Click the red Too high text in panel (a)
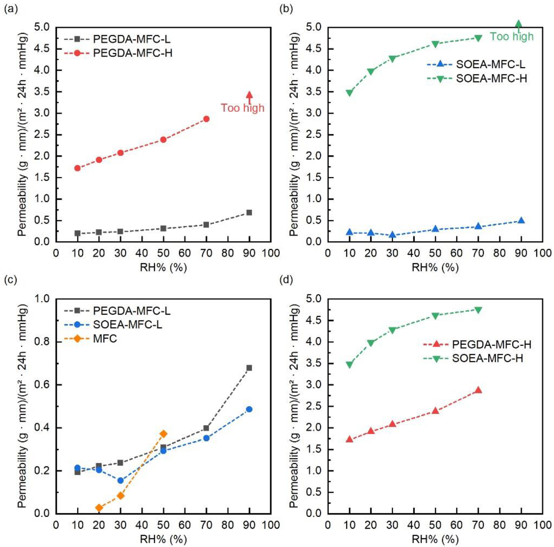point(242,108)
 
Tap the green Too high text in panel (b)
point(511,37)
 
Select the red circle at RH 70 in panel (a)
point(206,119)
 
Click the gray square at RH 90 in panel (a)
point(249,212)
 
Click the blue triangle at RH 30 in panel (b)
point(392,235)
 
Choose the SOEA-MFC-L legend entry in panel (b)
point(490,65)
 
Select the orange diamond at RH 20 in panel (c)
point(99,508)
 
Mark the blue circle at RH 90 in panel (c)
point(249,409)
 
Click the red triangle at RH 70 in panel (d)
point(478,390)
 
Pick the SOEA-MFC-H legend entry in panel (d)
point(487,358)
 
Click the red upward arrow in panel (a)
point(249,97)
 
